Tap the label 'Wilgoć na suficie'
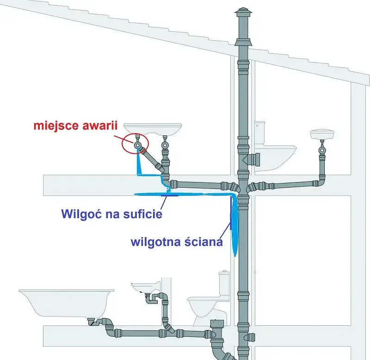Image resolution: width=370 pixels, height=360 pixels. click(x=111, y=214)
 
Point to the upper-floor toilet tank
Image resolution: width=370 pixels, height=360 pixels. click(x=260, y=133)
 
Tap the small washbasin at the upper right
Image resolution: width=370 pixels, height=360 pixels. click(x=322, y=134)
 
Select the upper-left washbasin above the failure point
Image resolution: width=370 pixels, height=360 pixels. click(x=154, y=129)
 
